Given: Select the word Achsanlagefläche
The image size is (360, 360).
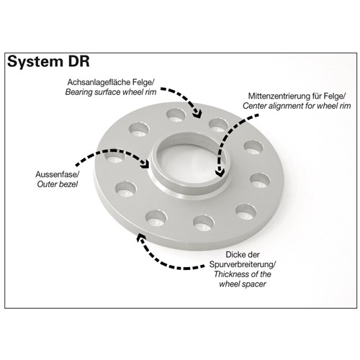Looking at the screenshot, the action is tap(99, 82).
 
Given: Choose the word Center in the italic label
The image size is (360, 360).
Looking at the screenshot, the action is tap(254, 106).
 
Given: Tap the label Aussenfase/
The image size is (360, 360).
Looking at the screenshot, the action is tap(58, 174).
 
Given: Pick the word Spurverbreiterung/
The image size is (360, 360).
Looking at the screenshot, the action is tap(243, 264).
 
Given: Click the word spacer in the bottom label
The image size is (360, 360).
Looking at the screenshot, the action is tap(256, 284).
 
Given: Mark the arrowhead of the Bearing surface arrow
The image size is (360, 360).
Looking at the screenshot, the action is tap(197, 114).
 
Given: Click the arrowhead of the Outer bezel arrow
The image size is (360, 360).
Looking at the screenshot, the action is tap(145, 163).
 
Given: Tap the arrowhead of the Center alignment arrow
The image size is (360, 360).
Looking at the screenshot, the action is tap(220, 172).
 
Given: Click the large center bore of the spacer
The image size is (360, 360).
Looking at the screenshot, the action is tap(189, 164).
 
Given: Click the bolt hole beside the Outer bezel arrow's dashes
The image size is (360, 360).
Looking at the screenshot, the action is tap(114, 157).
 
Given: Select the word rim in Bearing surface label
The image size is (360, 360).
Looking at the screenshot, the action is tap(151, 92).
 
